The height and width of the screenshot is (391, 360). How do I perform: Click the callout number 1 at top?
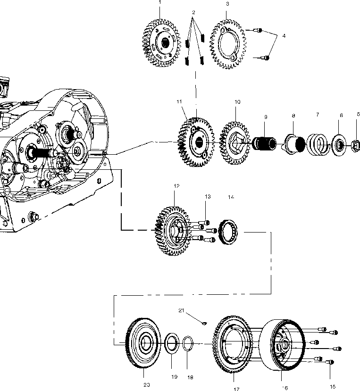pos(159,2)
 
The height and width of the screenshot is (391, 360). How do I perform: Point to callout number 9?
pos(266,116)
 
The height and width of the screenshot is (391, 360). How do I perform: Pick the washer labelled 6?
pos(339,143)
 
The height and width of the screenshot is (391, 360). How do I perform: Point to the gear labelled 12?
pos(174,230)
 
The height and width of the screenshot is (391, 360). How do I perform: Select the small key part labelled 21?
pos(204,323)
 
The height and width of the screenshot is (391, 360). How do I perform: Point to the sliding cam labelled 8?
pos(293,140)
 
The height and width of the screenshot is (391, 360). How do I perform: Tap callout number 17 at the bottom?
pos(236,389)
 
